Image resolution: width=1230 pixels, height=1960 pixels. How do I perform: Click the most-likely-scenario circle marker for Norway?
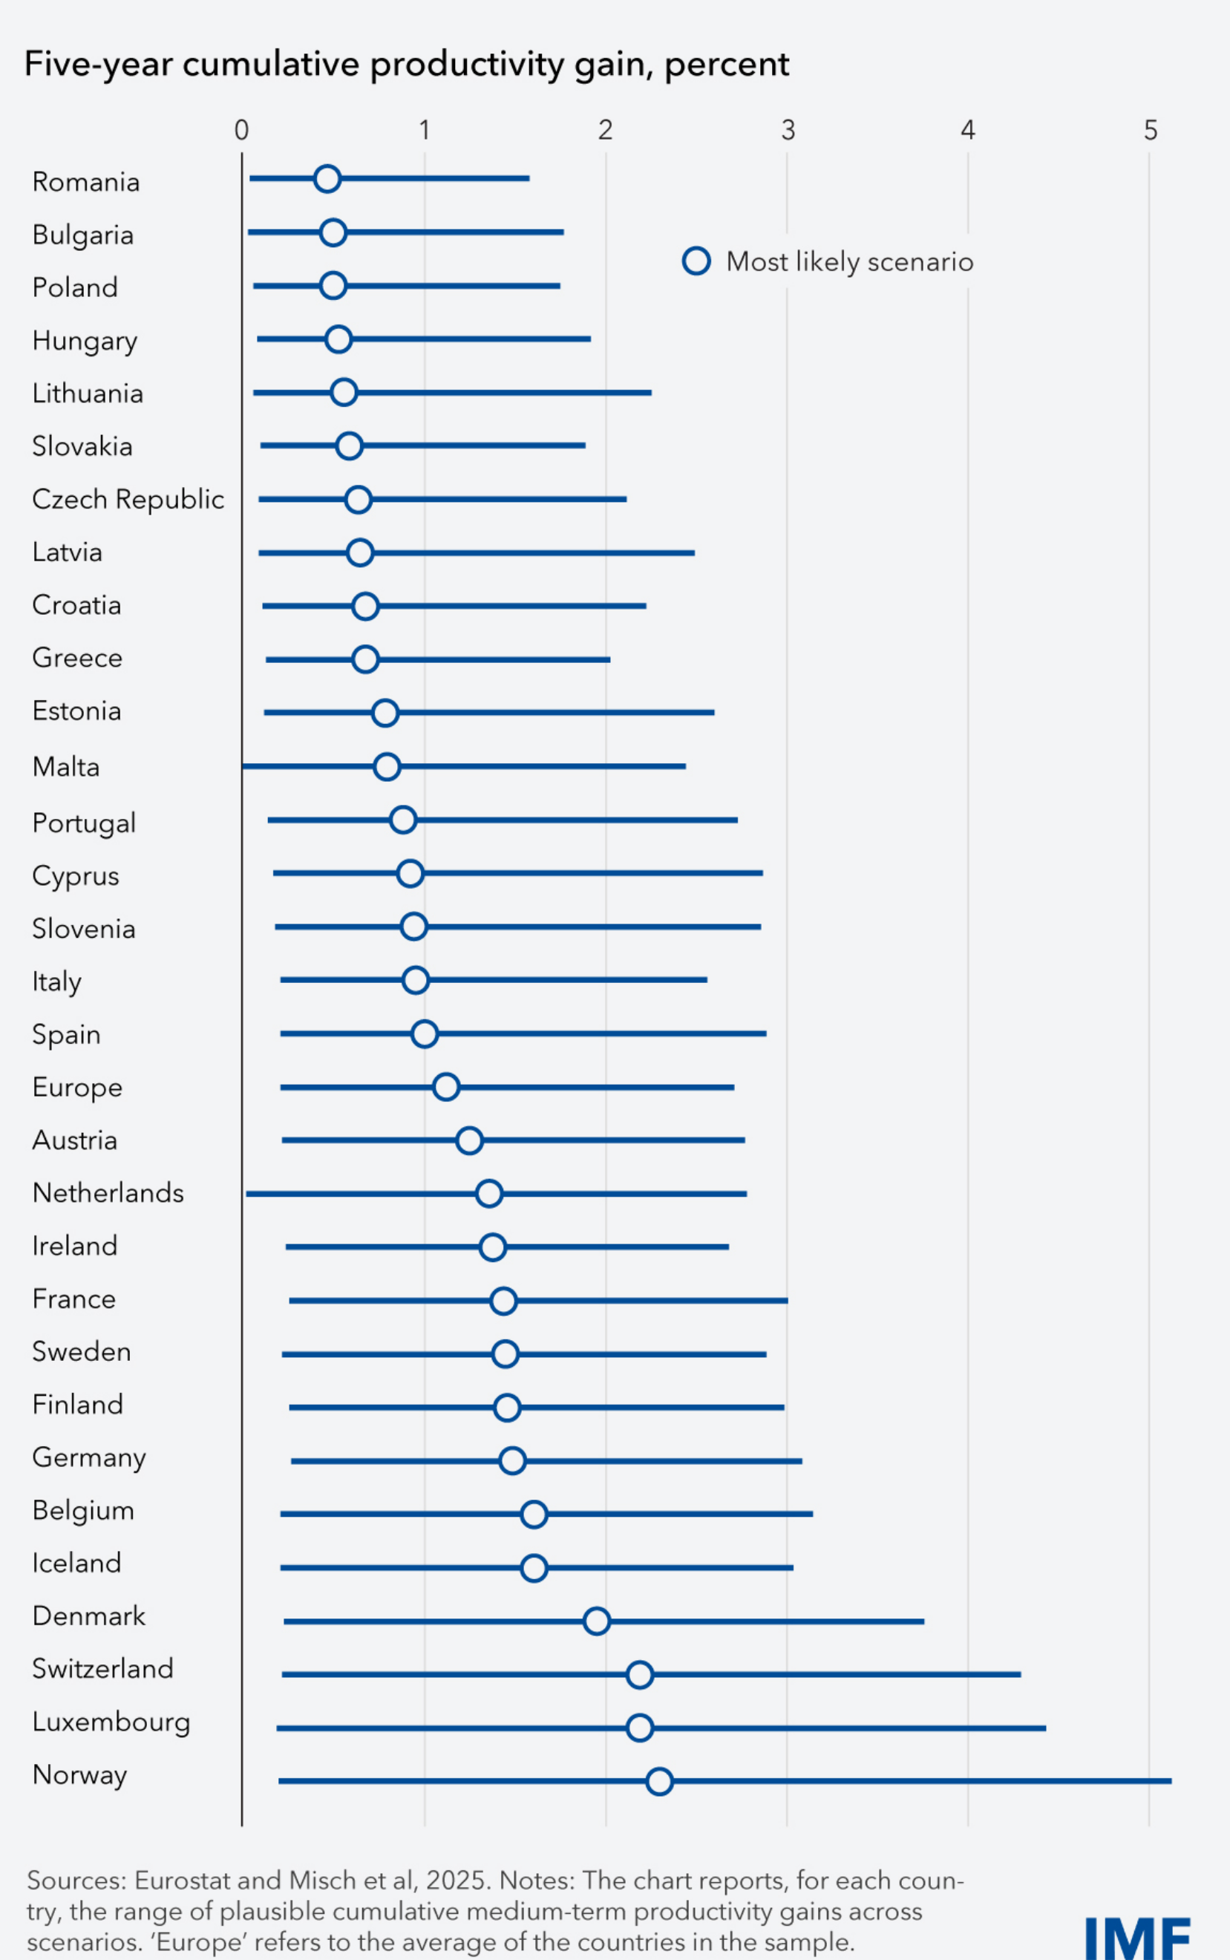pos(659,1781)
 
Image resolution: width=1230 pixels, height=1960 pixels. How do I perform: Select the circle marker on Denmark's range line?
pos(596,1621)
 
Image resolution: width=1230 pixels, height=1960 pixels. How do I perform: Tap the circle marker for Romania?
pos(327,178)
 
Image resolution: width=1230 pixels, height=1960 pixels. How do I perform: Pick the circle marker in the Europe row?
pos(446,1086)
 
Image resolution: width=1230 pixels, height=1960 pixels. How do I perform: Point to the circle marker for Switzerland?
pos(639,1674)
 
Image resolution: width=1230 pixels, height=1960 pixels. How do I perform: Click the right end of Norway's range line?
pos(1171,1781)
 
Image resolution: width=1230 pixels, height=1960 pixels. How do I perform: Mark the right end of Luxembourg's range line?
pos(1044,1728)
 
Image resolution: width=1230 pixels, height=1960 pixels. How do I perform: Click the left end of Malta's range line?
pos(244,765)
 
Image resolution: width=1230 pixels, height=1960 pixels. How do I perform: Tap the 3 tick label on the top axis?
pos(788,130)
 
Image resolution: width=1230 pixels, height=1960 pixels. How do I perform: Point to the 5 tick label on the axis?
pos(1150,130)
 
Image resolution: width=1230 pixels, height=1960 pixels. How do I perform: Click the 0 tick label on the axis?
pos(241,130)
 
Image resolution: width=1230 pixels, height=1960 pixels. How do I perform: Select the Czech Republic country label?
pos(128,499)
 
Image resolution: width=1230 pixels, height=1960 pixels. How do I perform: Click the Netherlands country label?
pos(108,1193)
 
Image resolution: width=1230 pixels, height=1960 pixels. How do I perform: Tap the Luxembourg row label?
pos(111,1722)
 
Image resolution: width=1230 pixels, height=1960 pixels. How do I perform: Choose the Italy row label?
pos(57,982)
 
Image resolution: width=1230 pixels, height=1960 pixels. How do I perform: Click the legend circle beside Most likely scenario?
pos(696,261)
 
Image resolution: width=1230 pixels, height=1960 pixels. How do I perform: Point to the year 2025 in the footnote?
pos(456,1880)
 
